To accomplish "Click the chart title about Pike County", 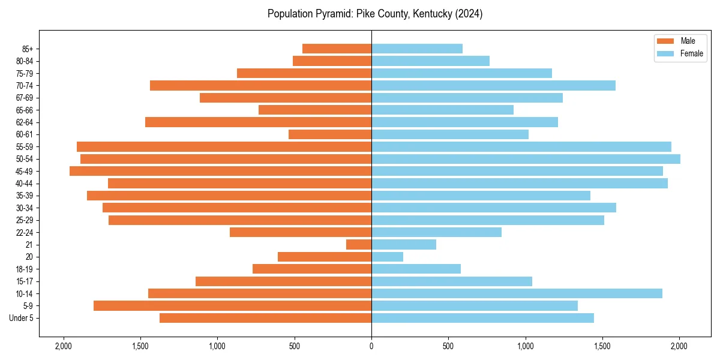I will (375, 14).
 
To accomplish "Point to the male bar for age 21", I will (359, 245).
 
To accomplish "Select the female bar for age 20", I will (388, 257).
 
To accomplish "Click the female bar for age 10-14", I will (517, 293).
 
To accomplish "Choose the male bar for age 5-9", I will (233, 306).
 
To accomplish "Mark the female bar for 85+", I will (417, 49).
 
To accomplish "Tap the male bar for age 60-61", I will (330, 134).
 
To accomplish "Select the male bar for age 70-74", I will (261, 85).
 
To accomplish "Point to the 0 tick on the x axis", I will (371, 346).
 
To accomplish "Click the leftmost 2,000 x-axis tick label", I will (63, 346).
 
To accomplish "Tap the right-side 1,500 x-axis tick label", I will (602, 346).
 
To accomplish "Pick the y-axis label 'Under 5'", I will (22, 318).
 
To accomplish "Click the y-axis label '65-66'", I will (25, 110).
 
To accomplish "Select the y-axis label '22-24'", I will (25, 233).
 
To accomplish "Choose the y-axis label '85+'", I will (28, 49).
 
